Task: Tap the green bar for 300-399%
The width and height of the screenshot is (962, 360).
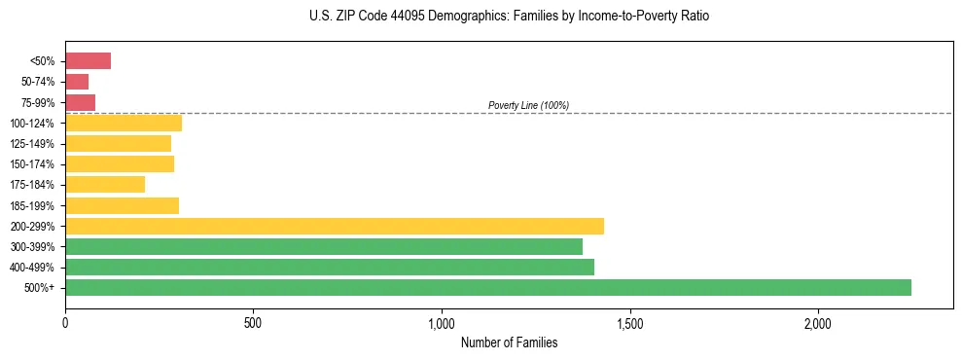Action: pyautogui.click(x=324, y=246)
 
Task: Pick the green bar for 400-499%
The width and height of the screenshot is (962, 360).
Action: pyautogui.click(x=330, y=267)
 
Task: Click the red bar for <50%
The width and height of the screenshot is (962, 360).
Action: pyautogui.click(x=88, y=61)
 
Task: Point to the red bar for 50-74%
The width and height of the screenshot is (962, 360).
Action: pyautogui.click(x=77, y=82)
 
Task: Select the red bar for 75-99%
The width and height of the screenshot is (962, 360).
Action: pyautogui.click(x=80, y=102)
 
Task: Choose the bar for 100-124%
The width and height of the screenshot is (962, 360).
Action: pyautogui.click(x=124, y=123)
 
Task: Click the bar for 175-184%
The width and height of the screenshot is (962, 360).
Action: pyautogui.click(x=105, y=184)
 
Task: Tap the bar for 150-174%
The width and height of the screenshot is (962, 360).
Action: pyautogui.click(x=120, y=163)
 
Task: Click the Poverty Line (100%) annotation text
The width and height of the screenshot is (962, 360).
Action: pyautogui.click(x=528, y=105)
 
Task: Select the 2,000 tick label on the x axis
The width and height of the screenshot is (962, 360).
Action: pyautogui.click(x=818, y=322)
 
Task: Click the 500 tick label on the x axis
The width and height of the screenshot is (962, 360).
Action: pyautogui.click(x=253, y=322)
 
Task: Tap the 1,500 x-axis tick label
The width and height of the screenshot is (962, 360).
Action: pyautogui.click(x=629, y=322)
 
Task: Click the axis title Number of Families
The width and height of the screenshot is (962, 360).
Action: pyautogui.click(x=509, y=342)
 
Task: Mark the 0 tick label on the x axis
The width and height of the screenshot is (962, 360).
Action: pyautogui.click(x=65, y=322)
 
